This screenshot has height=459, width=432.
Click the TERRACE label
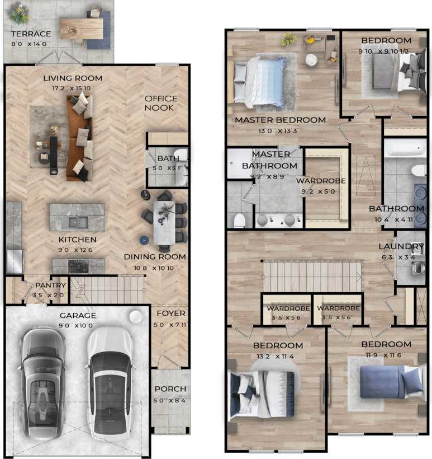tap(31, 34)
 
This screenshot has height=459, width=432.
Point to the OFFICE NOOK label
tap(161, 103)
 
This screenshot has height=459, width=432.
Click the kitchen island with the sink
tap(77, 217)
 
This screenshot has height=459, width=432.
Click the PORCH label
tap(170, 389)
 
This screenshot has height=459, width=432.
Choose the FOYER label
tap(170, 313)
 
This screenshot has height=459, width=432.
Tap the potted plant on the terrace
tap(20, 15)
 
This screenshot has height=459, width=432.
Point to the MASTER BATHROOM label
tap(270, 160)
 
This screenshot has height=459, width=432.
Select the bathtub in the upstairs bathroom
tap(405, 148)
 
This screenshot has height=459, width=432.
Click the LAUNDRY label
tap(401, 247)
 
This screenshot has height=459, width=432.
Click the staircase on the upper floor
tap(312, 275)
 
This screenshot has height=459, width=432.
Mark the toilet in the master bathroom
tap(239, 219)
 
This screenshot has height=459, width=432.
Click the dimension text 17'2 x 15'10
tap(73, 88)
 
